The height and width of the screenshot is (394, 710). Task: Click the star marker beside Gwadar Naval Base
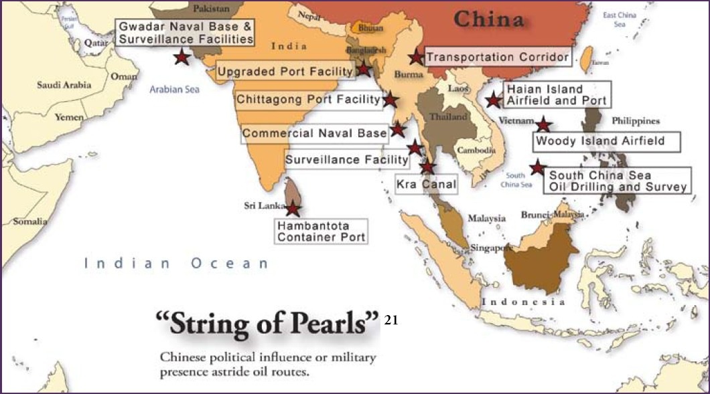coord(181,57)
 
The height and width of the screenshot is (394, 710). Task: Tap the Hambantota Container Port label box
coord(322,231)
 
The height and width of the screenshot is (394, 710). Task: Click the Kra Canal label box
coord(427,184)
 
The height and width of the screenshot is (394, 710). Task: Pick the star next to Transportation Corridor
coord(416,58)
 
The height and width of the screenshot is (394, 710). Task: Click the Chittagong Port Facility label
coord(308,100)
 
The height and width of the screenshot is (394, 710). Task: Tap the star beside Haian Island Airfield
coord(494,100)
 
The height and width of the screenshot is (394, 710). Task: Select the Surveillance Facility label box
coord(347,160)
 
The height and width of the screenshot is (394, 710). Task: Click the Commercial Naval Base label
coord(315,133)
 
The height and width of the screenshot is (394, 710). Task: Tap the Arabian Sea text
coord(175,89)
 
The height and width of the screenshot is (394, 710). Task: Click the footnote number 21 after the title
coord(392,320)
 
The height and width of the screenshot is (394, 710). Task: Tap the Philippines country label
coord(636,121)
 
